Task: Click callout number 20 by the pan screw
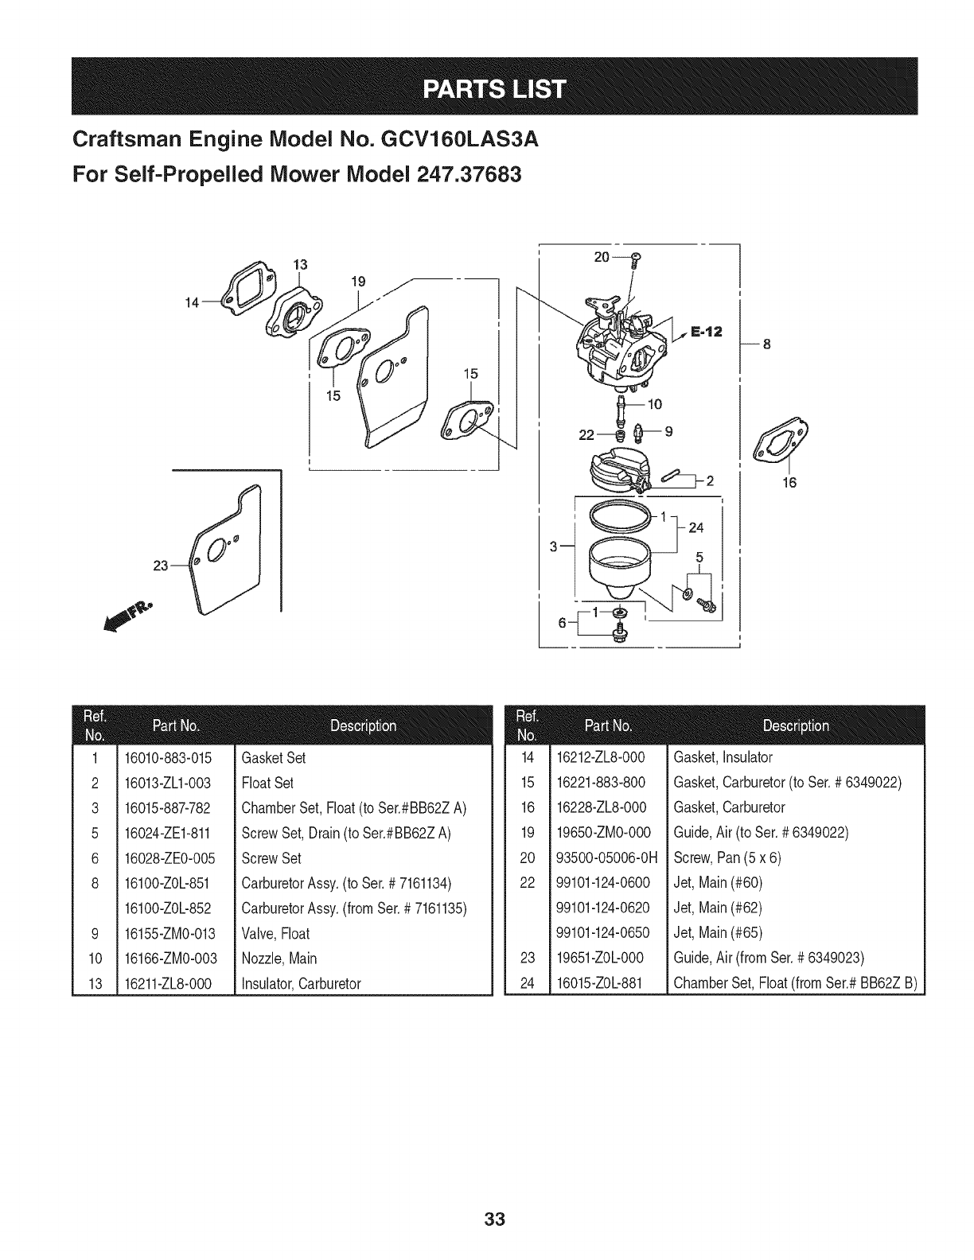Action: tap(602, 257)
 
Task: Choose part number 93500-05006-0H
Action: tap(610, 857)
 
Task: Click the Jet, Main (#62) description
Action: tap(718, 908)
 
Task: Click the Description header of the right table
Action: tap(795, 725)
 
